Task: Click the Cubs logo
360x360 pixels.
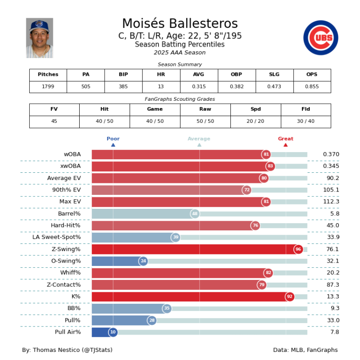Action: [x=321, y=38]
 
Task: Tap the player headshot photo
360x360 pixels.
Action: [x=39, y=38]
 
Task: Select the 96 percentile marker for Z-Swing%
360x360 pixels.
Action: [x=298, y=249]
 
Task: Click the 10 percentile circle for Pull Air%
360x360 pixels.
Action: [x=113, y=332]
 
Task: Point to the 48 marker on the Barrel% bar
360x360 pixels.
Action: [x=195, y=214]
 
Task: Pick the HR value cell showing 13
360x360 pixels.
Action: [x=161, y=87]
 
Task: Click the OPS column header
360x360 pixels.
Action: [x=312, y=74]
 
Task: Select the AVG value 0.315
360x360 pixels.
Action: [x=199, y=87]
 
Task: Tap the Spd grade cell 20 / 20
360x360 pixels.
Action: [x=255, y=121]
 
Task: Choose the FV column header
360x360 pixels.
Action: [x=54, y=109]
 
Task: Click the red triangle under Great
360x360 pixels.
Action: [x=286, y=144]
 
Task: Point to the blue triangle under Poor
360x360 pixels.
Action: [x=113, y=144]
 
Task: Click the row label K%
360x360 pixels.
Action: [x=76, y=297]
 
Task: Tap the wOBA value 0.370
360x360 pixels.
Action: [x=331, y=154]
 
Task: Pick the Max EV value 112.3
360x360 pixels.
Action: [x=331, y=202]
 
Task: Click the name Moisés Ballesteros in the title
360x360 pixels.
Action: [x=180, y=24]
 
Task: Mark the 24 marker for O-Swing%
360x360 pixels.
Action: [x=143, y=261]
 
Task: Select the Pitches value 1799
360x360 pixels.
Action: [x=48, y=87]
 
